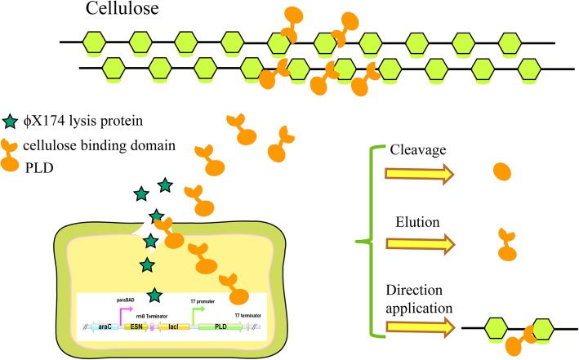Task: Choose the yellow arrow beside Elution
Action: tap(425, 242)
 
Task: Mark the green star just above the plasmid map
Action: tap(154, 294)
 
